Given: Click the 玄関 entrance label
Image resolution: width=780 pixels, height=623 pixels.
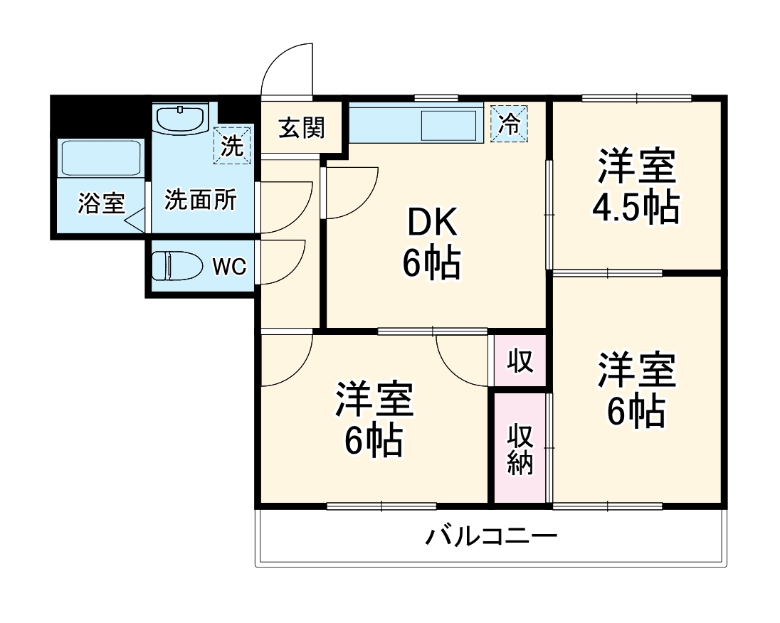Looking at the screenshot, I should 301,128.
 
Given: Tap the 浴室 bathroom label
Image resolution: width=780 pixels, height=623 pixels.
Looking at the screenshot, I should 101,204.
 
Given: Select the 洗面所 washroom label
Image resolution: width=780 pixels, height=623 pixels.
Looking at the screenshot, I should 200,201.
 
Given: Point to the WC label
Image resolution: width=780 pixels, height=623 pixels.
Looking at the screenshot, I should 229,267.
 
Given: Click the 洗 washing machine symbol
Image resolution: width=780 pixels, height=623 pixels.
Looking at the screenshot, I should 233,145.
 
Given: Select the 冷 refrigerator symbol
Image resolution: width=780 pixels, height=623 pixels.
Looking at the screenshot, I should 510,123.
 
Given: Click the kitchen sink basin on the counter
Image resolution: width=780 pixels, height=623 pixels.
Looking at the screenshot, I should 448,126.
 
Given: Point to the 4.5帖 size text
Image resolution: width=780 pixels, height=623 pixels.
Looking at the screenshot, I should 635,207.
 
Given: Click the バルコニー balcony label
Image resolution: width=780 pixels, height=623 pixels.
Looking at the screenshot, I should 492,536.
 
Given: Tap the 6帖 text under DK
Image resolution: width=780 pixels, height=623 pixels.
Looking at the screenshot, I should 431,265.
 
